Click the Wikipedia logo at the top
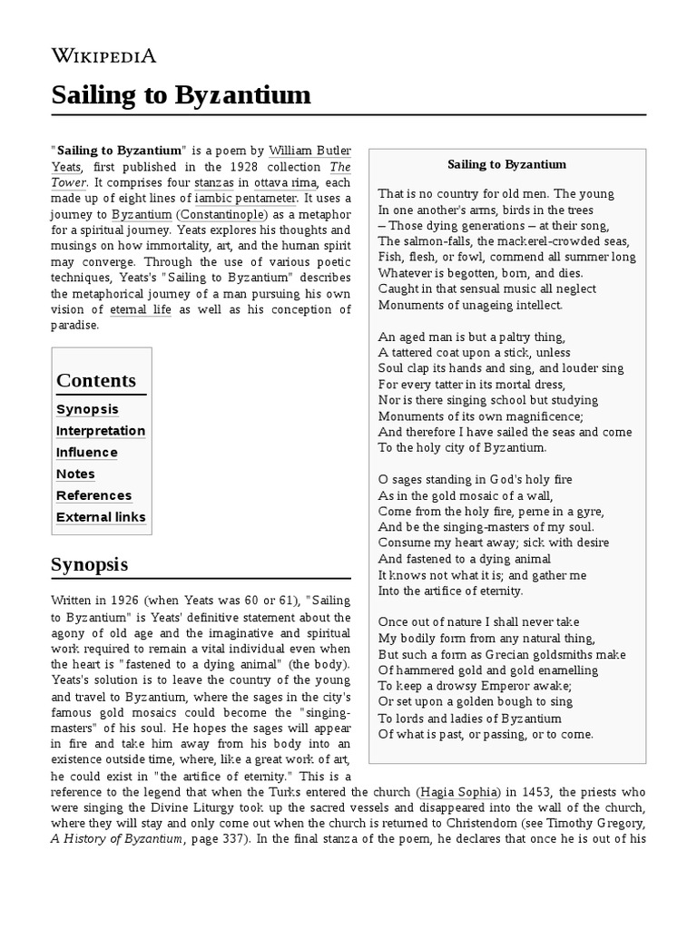[x=103, y=56]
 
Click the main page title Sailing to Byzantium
[x=181, y=94]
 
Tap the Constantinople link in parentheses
[x=222, y=214]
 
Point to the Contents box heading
[x=96, y=380]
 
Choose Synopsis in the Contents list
[x=87, y=409]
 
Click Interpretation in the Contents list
[x=101, y=431]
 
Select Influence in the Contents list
[x=87, y=453]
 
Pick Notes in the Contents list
[x=75, y=474]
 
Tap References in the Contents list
[x=93, y=495]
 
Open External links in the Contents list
[x=101, y=517]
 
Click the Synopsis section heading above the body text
[x=89, y=564]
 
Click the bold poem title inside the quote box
[x=506, y=164]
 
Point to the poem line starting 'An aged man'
[x=471, y=336]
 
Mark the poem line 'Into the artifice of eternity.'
[x=451, y=591]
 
